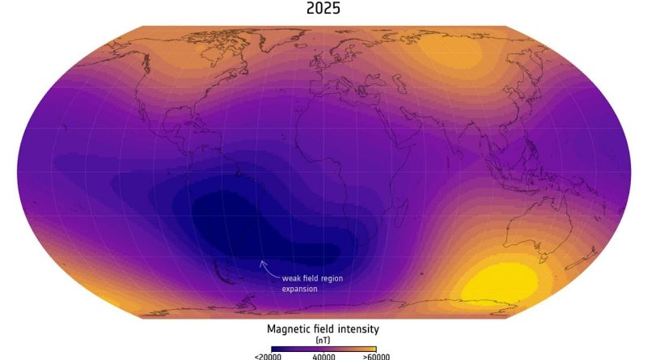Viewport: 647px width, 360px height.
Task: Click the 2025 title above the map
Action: click(323, 10)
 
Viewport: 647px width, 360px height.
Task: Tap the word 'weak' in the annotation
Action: click(292, 277)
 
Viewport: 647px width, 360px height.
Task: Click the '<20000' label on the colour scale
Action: click(267, 355)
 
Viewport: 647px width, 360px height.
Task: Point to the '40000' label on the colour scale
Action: click(323, 355)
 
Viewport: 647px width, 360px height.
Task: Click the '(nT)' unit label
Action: click(323, 341)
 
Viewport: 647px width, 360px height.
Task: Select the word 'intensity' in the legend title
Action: click(357, 330)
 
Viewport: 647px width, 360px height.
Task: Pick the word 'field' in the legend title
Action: click(324, 330)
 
